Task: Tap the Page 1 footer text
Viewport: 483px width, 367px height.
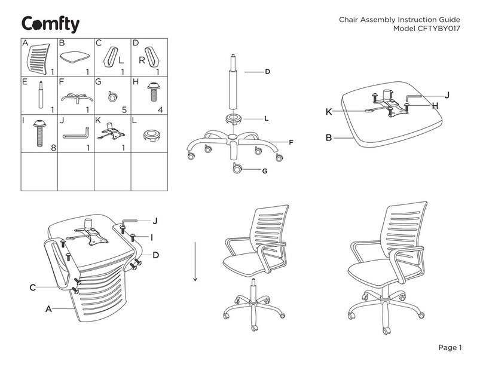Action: click(450, 348)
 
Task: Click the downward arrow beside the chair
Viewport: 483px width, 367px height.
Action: click(195, 261)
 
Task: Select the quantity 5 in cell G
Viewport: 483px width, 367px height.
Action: click(124, 109)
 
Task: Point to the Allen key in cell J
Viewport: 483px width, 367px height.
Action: click(75, 131)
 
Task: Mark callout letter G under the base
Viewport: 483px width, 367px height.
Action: click(263, 171)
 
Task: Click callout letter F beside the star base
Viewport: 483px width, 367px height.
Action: click(291, 142)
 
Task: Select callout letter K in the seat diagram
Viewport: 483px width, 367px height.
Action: click(329, 112)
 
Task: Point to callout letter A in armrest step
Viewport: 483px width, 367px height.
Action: click(48, 309)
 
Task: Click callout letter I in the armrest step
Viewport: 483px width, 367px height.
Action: click(152, 237)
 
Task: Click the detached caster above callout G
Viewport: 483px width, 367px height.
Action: click(238, 168)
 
